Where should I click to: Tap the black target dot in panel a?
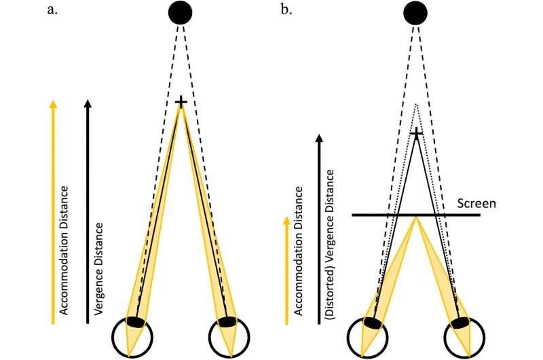(181, 12)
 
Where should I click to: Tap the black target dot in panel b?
(415, 12)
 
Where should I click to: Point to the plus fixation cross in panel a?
(181, 102)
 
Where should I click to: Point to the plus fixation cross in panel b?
(417, 134)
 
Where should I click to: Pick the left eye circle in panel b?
(369, 335)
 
